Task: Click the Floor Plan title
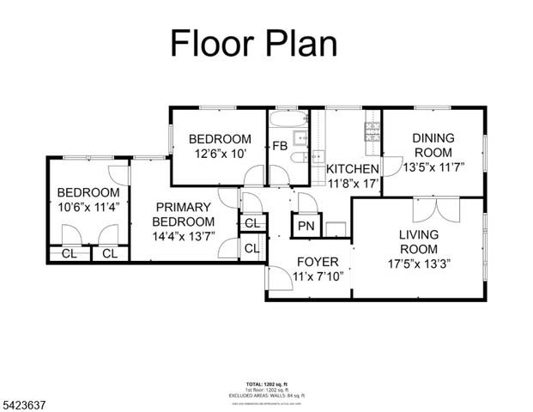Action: [x=253, y=42]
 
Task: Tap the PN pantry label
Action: [x=306, y=227]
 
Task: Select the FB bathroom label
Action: [x=280, y=146]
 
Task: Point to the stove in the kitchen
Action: [x=373, y=131]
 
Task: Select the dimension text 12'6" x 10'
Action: [x=220, y=154]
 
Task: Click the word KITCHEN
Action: [x=353, y=168]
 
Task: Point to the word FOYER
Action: [x=317, y=262]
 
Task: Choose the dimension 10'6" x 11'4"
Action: [x=88, y=207]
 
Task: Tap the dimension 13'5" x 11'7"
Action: [x=433, y=168]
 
